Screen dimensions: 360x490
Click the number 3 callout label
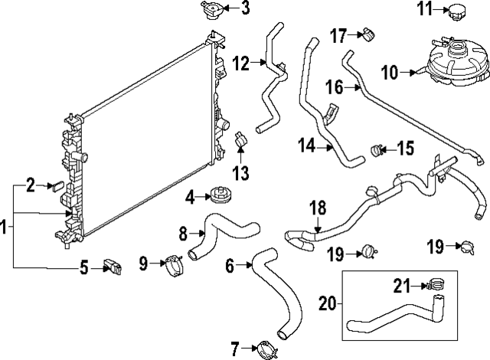click(224, 9)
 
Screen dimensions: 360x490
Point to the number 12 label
click(241, 64)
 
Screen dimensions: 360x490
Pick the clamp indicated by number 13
click(240, 140)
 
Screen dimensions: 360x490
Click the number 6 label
click(230, 266)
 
